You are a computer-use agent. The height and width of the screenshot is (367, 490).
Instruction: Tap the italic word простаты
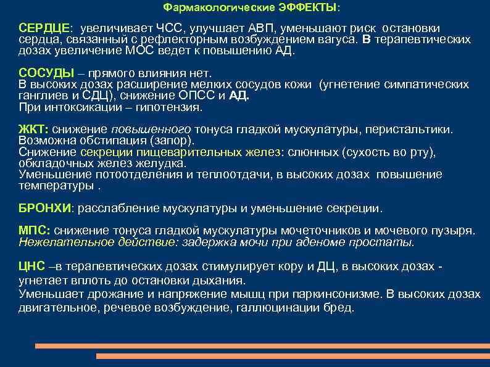(388, 242)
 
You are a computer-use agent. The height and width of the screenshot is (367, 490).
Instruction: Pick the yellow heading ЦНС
(32, 266)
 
